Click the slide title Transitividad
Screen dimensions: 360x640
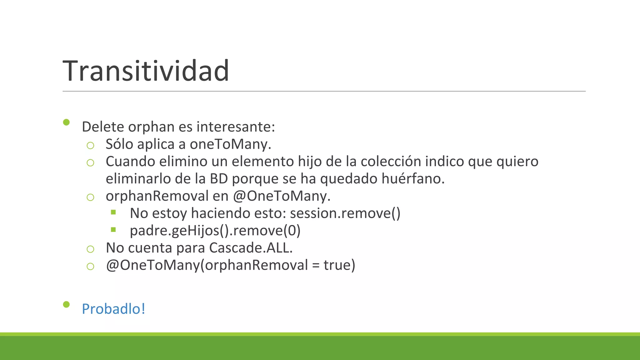(146, 71)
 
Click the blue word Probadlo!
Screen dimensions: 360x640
(113, 309)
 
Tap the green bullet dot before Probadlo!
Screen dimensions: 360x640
(66, 304)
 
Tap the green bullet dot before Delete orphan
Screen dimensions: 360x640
(66, 122)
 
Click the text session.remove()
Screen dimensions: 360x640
(345, 213)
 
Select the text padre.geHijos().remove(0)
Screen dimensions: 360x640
(215, 231)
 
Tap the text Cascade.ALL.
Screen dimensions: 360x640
(251, 248)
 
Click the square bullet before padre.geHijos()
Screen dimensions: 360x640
(113, 230)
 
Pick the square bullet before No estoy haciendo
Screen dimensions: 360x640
(113, 212)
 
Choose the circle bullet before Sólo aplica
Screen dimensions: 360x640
(90, 145)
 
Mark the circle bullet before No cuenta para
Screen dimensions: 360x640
(90, 249)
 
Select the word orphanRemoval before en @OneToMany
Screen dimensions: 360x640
(157, 196)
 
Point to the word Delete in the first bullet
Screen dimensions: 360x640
(102, 127)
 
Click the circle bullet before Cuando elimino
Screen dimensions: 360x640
(90, 162)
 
